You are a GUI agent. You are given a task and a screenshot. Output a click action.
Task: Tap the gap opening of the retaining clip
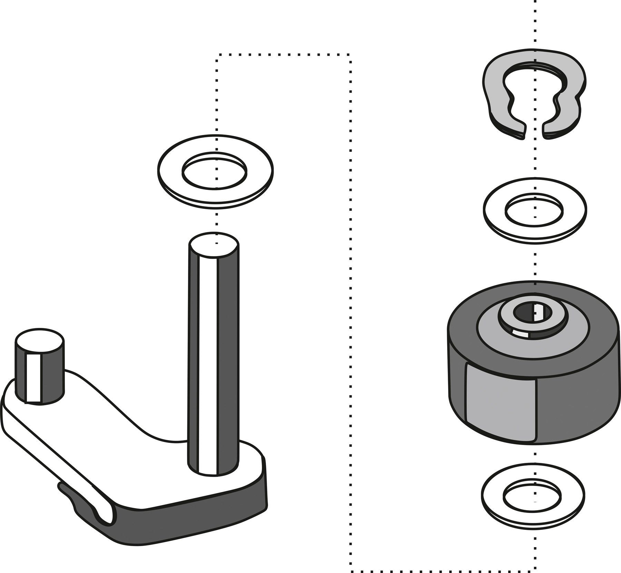[534, 132]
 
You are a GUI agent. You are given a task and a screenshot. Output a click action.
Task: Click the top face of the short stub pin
[39, 340]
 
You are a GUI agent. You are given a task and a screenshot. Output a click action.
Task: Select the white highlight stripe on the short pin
[33, 378]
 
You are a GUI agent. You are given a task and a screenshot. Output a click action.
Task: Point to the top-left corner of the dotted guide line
[216, 55]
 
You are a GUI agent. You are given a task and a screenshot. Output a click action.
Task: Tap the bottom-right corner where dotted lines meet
[535, 570]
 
